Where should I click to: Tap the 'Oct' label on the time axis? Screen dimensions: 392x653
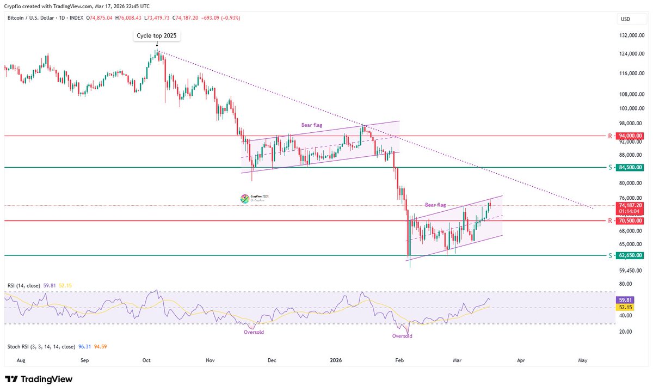pos(146,360)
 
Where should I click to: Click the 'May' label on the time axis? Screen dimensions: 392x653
pos(583,360)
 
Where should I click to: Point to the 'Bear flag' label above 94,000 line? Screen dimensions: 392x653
pos(312,125)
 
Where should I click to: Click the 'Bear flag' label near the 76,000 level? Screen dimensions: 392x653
pos(435,205)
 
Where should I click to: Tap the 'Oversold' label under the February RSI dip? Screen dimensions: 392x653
pos(402,336)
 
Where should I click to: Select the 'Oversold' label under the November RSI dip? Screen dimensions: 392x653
pos(254,332)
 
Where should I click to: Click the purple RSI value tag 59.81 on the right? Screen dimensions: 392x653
pos(624,299)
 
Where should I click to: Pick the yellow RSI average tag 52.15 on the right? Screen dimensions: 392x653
pos(624,307)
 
